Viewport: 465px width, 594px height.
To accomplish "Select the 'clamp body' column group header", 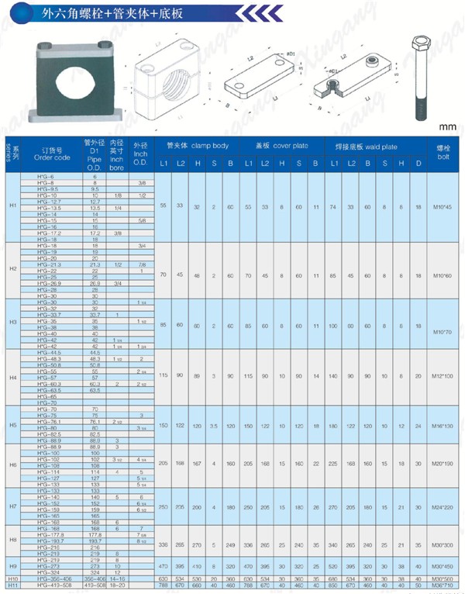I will coord(198,146).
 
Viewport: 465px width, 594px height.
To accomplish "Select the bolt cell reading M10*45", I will coord(443,207).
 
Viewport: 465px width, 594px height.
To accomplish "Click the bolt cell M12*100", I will coord(443,375).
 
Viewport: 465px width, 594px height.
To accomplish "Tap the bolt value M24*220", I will coord(443,506).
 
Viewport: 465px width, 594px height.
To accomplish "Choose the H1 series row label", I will coord(12,207).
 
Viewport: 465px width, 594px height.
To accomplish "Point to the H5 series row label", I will coord(12,426).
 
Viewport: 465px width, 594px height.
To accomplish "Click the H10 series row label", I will coord(12,578).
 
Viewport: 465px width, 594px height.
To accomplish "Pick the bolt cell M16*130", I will coord(443,426).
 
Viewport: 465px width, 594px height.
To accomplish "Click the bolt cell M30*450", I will coord(443,567).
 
